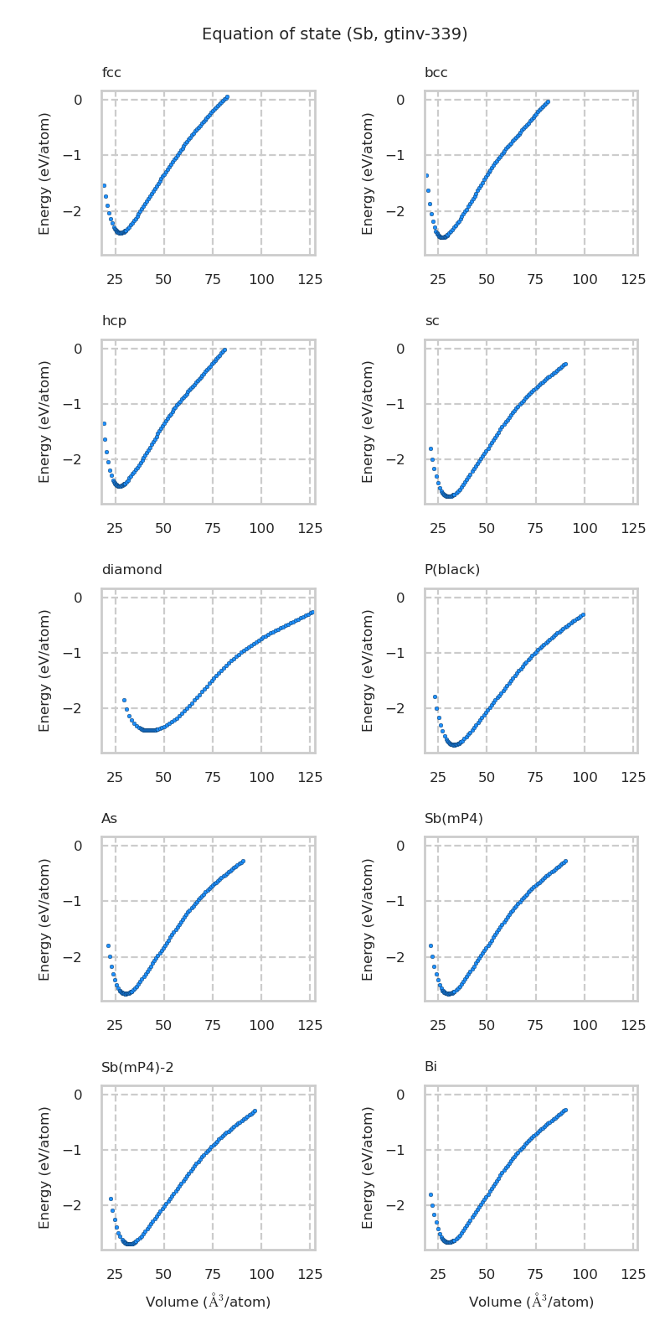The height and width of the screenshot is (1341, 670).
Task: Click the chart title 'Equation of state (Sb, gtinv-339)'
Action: [x=334, y=34]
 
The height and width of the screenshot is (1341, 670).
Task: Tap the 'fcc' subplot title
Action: [x=111, y=73]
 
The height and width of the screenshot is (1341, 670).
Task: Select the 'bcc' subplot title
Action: [x=435, y=73]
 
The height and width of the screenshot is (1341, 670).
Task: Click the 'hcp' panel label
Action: [x=114, y=321]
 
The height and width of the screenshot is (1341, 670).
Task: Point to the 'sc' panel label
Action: [x=431, y=321]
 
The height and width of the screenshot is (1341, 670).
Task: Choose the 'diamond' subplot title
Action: [x=131, y=570]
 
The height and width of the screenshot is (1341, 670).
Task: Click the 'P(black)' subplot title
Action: [x=452, y=570]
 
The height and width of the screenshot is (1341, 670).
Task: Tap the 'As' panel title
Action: [x=110, y=818]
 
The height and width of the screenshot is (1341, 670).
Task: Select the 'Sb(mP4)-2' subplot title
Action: [x=137, y=1067]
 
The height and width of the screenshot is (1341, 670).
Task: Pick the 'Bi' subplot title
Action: [x=430, y=1067]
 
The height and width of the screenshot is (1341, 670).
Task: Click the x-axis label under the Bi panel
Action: [x=531, y=1302]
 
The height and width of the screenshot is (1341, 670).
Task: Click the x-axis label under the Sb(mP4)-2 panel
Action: [x=208, y=1302]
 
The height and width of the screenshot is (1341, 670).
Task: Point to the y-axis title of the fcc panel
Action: [x=45, y=173]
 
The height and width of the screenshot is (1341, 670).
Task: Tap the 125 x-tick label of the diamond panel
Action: [x=310, y=778]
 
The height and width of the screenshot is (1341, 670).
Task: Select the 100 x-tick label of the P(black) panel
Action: [x=585, y=778]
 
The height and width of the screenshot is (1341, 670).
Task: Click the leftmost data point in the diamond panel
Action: [x=124, y=700]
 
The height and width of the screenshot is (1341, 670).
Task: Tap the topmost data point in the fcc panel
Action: [x=227, y=97]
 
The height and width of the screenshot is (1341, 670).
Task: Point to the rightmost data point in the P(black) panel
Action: [x=583, y=614]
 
